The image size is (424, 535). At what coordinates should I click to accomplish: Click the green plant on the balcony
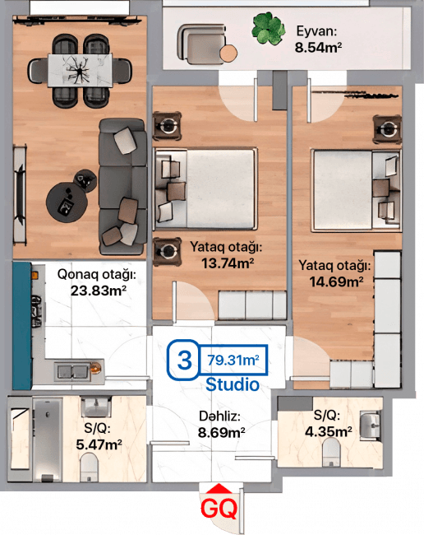pos(266,28)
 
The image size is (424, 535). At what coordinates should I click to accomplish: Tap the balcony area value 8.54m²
pos(318,48)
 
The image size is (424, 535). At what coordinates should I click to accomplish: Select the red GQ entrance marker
pos(219,506)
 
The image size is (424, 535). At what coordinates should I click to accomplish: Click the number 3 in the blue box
pos(185,360)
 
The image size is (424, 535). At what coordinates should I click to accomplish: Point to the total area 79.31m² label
pos(233,360)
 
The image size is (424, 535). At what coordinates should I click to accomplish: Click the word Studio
pos(233,384)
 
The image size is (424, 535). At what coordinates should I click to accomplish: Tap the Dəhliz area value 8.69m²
pos(223,430)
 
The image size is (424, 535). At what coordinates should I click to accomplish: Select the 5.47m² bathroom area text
pos(98,445)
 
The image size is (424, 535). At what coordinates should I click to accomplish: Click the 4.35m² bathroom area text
pos(328,430)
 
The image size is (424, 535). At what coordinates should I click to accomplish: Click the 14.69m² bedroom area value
pos(335,281)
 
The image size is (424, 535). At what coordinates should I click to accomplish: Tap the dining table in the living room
pos(81,69)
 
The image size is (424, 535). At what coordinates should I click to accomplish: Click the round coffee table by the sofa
pos(65,198)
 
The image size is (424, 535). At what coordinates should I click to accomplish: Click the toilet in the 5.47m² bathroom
pos(90,468)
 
